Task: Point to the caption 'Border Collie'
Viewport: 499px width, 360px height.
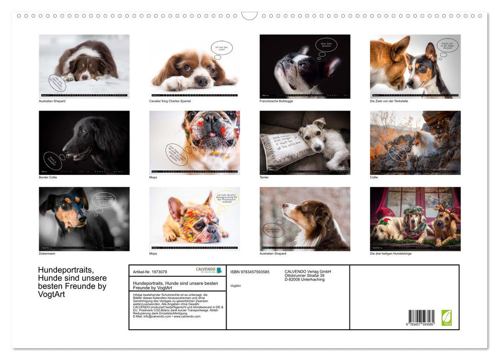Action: [48, 177]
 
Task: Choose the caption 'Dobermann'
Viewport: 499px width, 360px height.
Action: [47, 254]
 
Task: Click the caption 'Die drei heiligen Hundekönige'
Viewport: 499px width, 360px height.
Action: [391, 254]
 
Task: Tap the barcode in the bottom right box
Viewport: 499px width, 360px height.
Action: [421, 317]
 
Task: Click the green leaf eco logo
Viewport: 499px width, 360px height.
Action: [447, 317]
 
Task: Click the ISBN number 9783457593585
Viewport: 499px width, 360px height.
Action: [250, 272]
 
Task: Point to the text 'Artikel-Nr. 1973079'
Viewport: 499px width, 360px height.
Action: [150, 272]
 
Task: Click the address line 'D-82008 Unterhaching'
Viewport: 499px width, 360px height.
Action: [304, 279]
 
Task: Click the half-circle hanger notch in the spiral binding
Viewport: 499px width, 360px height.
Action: [249, 16]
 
